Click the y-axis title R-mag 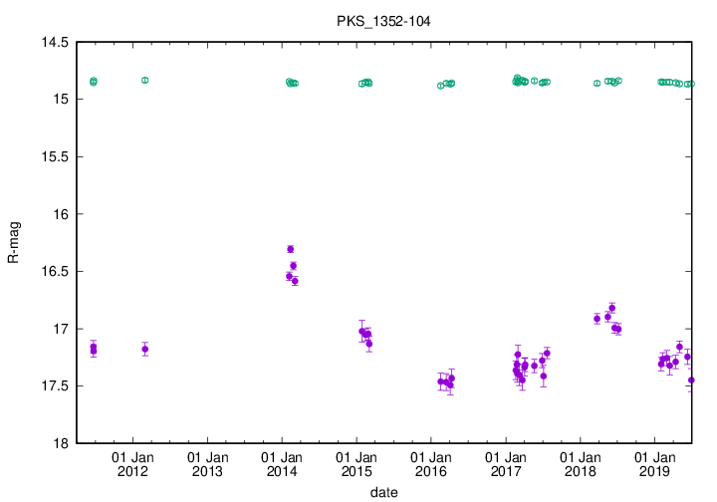coord(14,243)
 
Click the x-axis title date coord(383,492)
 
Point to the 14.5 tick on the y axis coord(54,43)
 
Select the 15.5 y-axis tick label coord(54,157)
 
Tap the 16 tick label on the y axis coord(62,214)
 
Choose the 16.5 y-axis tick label coord(54,271)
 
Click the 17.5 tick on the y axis coord(54,385)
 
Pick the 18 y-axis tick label coord(62,443)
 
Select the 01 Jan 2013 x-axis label coord(207,464)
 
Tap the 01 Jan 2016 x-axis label coord(430,464)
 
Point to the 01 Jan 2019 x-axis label coord(653,464)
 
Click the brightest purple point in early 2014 coord(290,249)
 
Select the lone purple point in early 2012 coord(144,349)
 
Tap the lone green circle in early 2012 coord(144,80)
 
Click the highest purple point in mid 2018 coord(612,308)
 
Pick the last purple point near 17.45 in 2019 coord(691,379)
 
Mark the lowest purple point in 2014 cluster coord(295,281)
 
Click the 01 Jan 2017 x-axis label coord(505,464)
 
